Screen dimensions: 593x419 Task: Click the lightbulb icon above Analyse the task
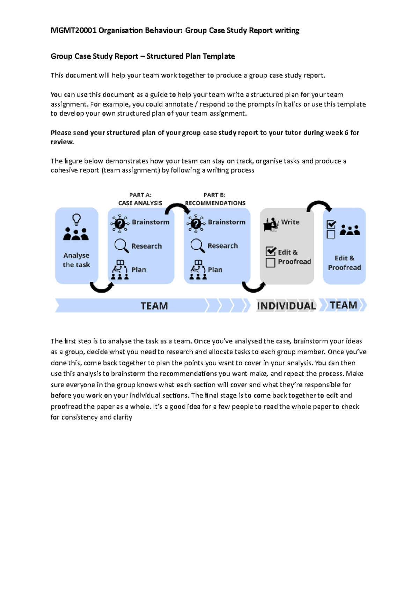[x=76, y=220]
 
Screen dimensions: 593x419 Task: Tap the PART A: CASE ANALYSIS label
[x=140, y=199]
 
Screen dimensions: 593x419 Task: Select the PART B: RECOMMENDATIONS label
[x=215, y=199]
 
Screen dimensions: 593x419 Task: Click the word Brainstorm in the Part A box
[x=150, y=222]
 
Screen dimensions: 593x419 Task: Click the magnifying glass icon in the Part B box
[x=197, y=246]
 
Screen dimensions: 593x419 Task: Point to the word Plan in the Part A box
[x=139, y=270]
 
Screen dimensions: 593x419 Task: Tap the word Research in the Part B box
[x=222, y=246]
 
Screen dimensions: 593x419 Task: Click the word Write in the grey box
[x=290, y=222]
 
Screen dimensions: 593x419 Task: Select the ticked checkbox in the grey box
[x=271, y=251]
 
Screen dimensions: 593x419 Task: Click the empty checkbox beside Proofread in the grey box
[x=270, y=263]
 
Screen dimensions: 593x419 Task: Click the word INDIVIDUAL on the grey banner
[x=286, y=306]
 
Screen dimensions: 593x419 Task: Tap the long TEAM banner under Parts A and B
[x=154, y=306]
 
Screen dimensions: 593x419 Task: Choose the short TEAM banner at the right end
[x=344, y=305]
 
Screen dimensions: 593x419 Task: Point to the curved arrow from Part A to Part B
[x=177, y=208]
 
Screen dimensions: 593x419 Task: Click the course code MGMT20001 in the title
[x=73, y=30]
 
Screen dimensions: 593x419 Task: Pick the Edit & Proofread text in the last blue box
[x=344, y=263]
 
